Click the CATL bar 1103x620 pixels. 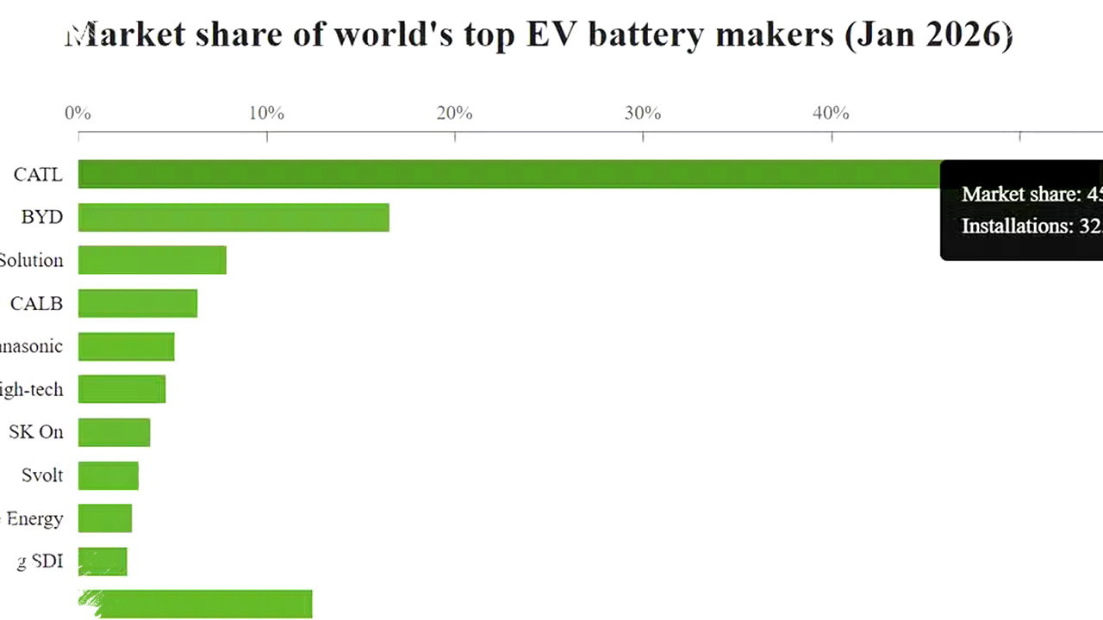508,174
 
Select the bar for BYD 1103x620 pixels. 234,217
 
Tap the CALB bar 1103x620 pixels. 138,303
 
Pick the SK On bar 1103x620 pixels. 114,432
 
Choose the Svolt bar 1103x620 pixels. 108,475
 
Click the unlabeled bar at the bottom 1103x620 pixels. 198,604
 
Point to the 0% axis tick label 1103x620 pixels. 78,113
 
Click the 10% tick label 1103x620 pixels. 266,113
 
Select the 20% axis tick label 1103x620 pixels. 454,113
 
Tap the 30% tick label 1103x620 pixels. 643,113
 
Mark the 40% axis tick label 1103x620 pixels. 831,113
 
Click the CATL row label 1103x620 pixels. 38,175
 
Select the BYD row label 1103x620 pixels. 42,217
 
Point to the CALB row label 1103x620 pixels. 36,303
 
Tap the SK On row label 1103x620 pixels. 36,432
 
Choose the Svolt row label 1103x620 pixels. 42,475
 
